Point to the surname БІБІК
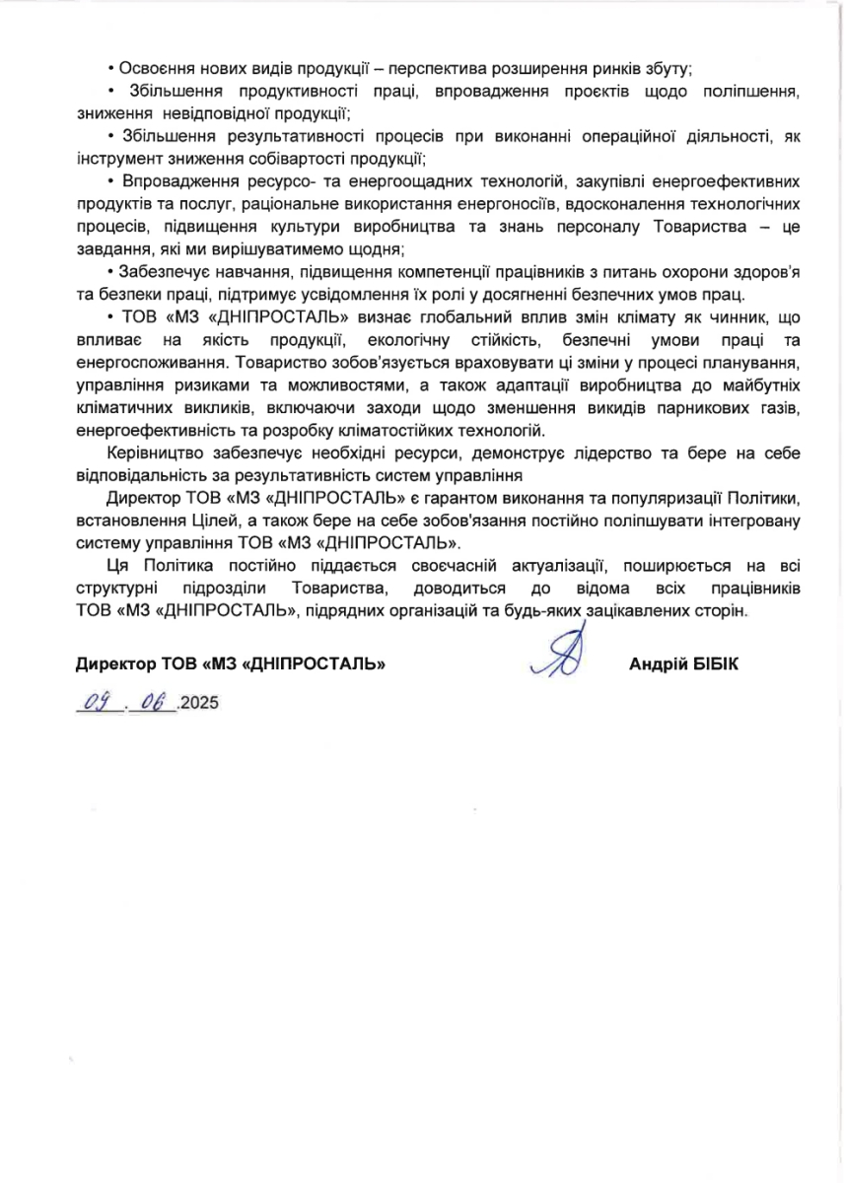(714, 664)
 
